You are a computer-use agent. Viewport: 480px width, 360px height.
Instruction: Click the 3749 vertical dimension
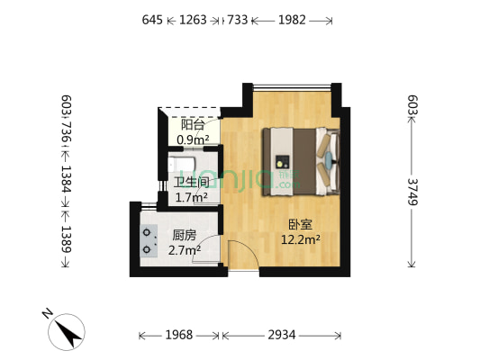coord(412,193)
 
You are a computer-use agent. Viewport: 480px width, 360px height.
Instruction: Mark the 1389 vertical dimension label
coord(66,243)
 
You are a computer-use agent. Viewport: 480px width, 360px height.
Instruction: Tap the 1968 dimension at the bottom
coord(178,335)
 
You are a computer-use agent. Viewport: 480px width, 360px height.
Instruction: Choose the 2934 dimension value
coord(281,335)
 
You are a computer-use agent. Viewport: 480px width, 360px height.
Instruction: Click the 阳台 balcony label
coord(192,125)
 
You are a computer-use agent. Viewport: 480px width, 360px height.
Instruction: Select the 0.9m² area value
coord(193,139)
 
